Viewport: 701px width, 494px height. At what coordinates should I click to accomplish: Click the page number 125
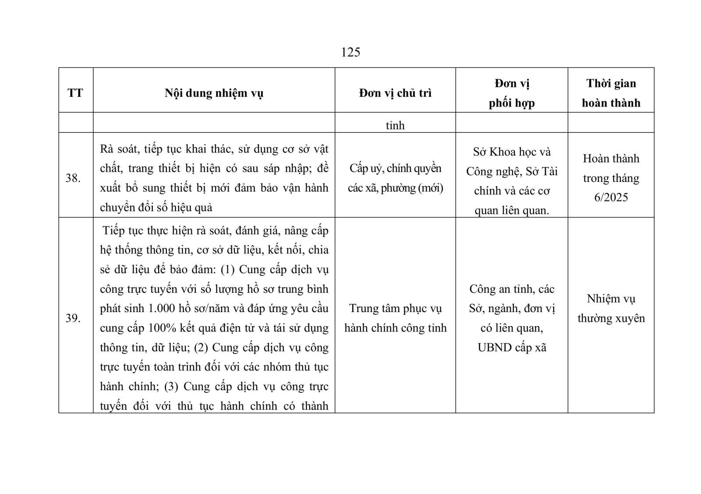(350, 52)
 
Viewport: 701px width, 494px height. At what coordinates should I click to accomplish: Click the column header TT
(75, 93)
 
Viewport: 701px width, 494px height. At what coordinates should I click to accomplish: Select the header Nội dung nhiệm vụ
(214, 93)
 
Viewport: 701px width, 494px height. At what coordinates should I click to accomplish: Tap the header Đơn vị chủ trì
(395, 93)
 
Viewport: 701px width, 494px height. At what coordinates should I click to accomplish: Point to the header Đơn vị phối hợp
(512, 93)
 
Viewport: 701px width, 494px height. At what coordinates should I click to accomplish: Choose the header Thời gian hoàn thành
(611, 93)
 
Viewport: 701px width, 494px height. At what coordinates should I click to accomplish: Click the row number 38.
(73, 178)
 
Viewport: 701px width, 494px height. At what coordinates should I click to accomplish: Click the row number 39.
(73, 318)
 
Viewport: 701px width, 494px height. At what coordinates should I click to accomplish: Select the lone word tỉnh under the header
(395, 125)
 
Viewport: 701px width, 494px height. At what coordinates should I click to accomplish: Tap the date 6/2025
(611, 197)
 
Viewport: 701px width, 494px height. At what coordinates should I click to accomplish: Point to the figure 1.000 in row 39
(162, 308)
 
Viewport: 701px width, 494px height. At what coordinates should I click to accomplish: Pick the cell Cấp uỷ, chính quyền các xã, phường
(395, 178)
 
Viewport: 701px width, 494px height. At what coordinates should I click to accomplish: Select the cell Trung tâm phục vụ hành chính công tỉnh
(395, 318)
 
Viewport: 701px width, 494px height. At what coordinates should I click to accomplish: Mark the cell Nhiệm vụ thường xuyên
(611, 308)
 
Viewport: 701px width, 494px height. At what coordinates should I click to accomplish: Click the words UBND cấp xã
(512, 348)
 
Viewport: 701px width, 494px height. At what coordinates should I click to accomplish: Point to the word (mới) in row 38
(430, 188)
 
